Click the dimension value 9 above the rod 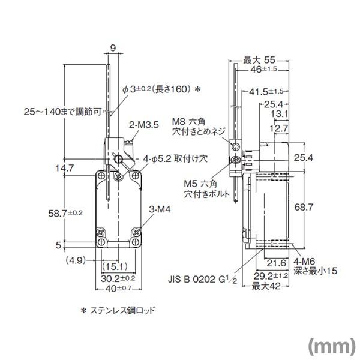tap(112, 47)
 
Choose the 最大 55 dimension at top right tap(259, 60)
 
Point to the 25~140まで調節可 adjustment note tap(59, 111)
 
